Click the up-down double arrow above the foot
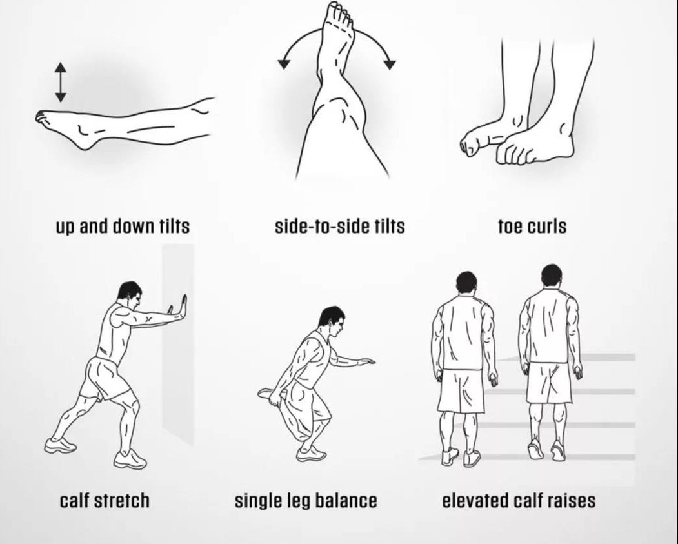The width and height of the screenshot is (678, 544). [61, 82]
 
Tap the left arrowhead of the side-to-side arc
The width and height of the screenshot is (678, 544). [283, 63]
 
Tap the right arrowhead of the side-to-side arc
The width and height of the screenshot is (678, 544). [390, 64]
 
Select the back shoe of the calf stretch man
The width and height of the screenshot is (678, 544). [60, 445]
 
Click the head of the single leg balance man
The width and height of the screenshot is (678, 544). [332, 322]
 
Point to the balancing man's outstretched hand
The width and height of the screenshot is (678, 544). [366, 362]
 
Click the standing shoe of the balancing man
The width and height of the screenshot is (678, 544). [311, 454]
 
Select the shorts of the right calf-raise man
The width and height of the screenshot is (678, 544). [549, 382]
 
